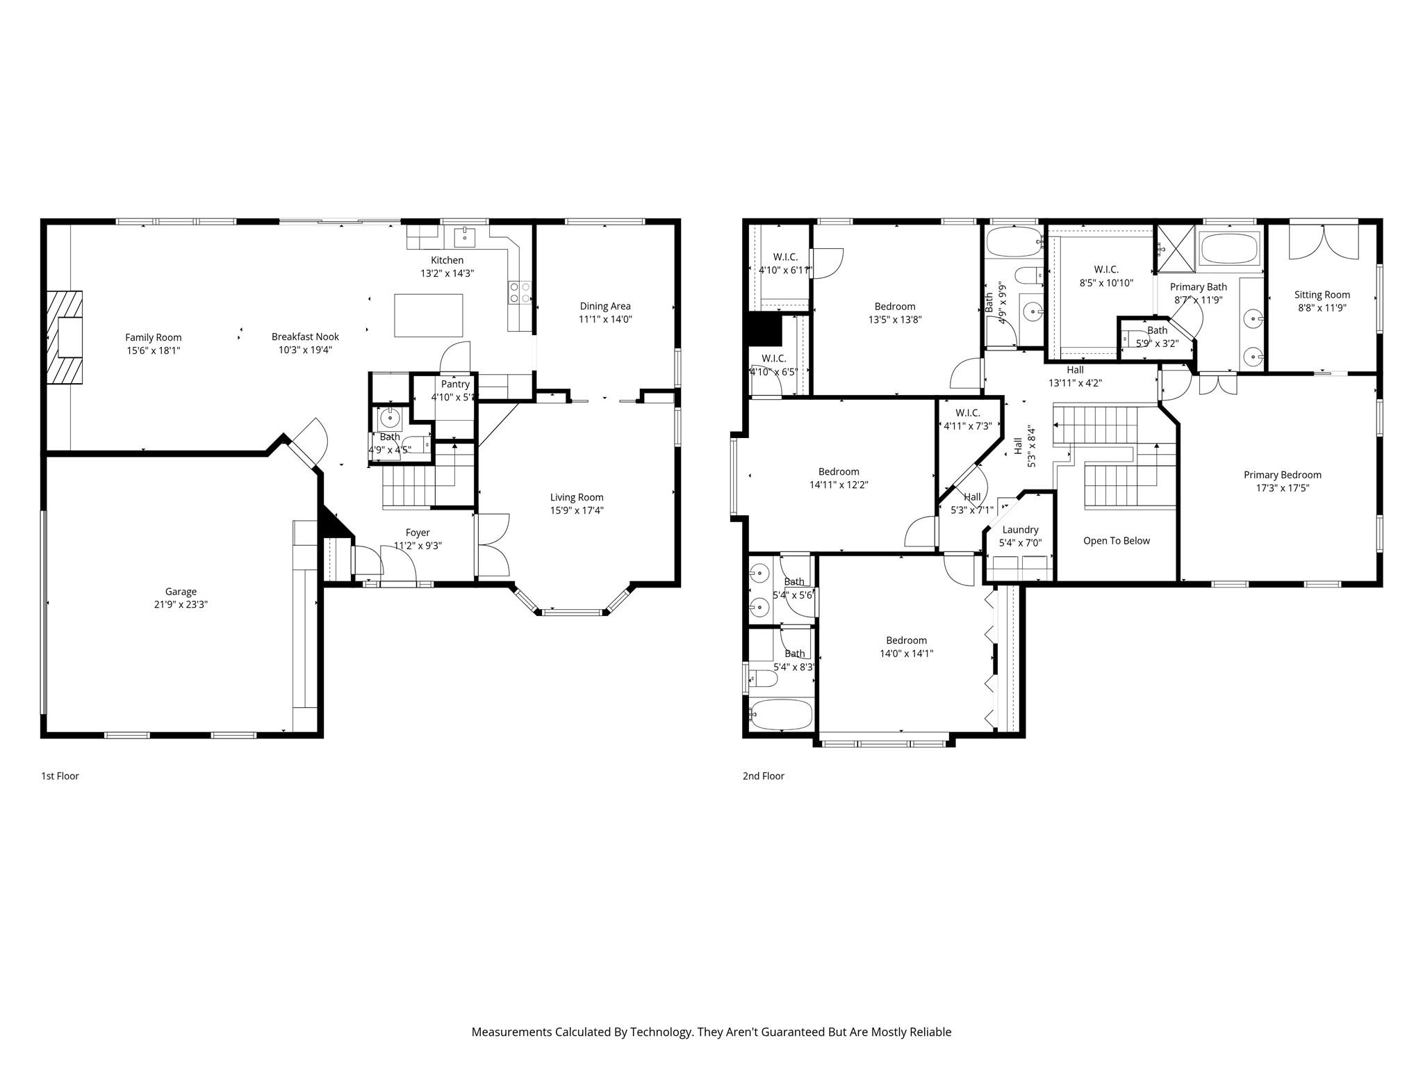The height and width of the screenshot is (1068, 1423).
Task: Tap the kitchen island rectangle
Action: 428,315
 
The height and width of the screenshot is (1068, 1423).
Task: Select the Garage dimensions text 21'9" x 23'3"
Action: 181,604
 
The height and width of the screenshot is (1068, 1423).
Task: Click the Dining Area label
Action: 604,306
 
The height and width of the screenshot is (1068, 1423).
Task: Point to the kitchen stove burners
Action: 519,292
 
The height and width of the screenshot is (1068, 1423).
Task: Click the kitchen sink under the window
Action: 465,237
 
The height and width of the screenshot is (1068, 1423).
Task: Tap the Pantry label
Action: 455,384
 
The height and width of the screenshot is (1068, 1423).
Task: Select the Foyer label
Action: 418,533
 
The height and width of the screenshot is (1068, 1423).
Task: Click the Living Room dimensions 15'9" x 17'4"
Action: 577,510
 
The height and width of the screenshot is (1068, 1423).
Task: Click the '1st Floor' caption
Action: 60,776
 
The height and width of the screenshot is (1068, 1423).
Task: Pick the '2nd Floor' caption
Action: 763,776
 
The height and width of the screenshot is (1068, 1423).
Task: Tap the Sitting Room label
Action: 1322,295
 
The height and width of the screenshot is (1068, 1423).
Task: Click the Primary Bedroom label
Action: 1282,475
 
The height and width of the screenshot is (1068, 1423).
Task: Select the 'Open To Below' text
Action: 1116,540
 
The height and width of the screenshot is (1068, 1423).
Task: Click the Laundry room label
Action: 1020,530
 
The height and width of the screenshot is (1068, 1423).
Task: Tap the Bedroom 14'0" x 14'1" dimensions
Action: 906,654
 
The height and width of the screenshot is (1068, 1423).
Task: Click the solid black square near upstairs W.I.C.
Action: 763,329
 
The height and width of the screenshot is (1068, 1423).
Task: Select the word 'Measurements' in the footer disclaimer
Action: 511,1032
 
